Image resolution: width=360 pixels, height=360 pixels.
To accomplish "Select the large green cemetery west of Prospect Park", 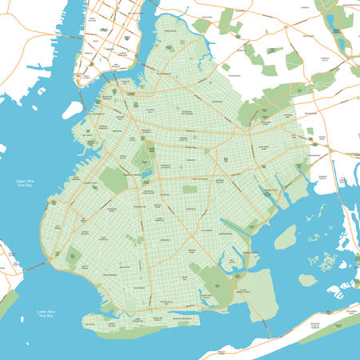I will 114,179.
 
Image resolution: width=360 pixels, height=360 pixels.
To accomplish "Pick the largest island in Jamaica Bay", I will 286,237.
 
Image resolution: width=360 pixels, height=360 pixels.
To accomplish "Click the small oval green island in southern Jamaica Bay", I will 308,280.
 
